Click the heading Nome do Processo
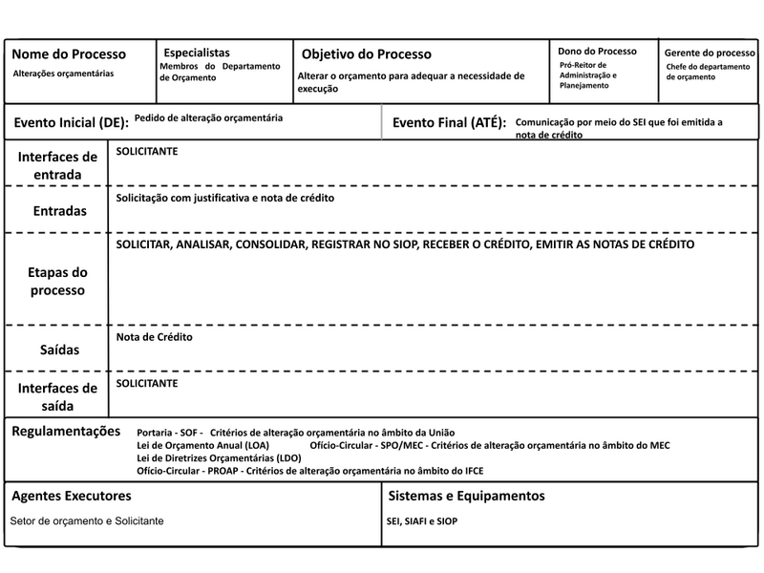(68, 54)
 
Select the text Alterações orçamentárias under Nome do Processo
(63, 74)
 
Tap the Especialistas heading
(197, 53)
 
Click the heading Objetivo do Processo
(366, 54)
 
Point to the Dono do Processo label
(597, 51)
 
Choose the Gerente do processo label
(710, 53)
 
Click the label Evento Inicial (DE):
(71, 123)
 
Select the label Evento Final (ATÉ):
(449, 123)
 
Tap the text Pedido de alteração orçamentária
(208, 118)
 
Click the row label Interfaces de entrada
(57, 165)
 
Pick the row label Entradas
(58, 210)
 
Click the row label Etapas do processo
(57, 281)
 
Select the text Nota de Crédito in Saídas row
(155, 338)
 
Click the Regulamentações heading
(66, 432)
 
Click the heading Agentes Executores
(71, 497)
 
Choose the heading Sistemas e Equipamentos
(467, 497)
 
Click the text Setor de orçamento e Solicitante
(87, 521)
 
